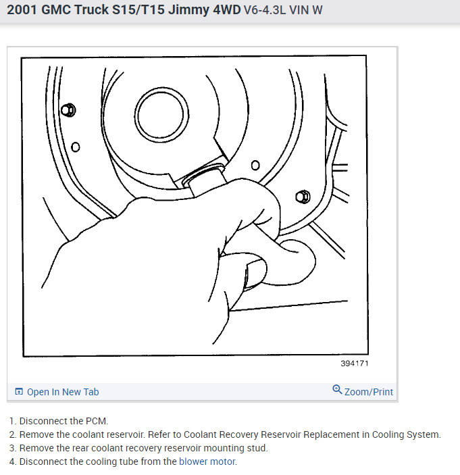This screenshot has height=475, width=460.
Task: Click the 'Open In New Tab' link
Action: pos(63,392)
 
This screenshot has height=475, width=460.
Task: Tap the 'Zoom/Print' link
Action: pos(369,392)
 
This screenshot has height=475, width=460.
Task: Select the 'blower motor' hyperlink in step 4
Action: pos(207,461)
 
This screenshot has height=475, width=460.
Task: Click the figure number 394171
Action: pos(355,364)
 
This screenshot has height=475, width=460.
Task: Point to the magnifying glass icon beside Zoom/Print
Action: pos(337,389)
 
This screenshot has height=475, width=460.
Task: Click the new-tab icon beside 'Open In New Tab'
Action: pos(19,392)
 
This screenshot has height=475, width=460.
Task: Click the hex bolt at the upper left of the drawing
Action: pos(68,110)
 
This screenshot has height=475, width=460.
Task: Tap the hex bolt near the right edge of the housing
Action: pos(303,197)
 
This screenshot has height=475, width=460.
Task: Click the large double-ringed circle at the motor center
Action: pos(161,115)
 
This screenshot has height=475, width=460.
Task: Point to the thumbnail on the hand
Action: pos(255,274)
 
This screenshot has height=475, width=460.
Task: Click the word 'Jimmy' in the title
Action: pos(188,9)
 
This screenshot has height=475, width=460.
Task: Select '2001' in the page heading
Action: pos(22,9)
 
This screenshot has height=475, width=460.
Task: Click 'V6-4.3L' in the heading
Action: pos(265,10)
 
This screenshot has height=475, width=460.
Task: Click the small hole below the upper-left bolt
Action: pos(76,147)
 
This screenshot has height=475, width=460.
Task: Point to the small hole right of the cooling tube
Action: pos(255,166)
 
